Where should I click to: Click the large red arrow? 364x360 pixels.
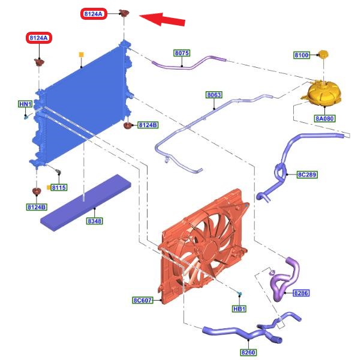162,19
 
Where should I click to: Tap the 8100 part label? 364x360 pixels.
302,55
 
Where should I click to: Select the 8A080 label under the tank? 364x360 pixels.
324,119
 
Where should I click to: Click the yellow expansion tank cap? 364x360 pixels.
323,54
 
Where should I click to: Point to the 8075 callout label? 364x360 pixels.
182,53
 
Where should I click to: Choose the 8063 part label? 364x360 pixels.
214,95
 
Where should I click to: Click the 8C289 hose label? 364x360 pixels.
308,175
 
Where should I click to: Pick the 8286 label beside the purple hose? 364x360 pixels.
301,293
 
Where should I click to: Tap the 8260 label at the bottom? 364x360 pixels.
248,352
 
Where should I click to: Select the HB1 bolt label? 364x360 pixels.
239,308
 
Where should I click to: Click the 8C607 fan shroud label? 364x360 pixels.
143,301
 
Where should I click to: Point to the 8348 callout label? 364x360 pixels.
95,221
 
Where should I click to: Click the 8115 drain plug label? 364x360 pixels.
59,187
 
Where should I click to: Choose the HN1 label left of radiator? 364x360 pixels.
25,104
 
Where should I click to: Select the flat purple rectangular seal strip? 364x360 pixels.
86,203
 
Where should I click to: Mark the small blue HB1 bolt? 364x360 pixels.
240,293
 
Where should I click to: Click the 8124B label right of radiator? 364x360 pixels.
148,125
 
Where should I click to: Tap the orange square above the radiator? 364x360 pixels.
81,55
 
